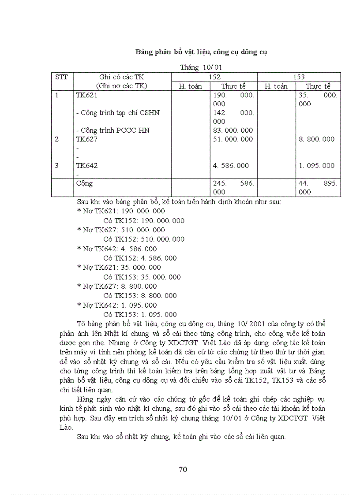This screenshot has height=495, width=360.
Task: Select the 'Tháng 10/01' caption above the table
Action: (201, 67)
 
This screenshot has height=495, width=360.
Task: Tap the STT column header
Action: (61, 77)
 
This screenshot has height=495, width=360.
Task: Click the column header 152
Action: (214, 77)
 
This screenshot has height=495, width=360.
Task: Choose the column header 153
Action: (299, 77)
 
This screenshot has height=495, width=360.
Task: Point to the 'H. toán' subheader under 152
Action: (190, 86)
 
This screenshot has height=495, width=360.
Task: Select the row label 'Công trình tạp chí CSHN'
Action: (118, 113)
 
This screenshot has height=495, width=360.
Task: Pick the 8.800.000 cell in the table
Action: (317, 139)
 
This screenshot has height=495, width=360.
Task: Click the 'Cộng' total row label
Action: (84, 183)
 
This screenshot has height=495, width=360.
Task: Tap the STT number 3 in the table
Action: (56, 166)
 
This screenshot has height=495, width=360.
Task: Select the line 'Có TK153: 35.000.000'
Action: (142, 277)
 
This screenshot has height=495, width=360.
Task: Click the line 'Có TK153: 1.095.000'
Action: (140, 314)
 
